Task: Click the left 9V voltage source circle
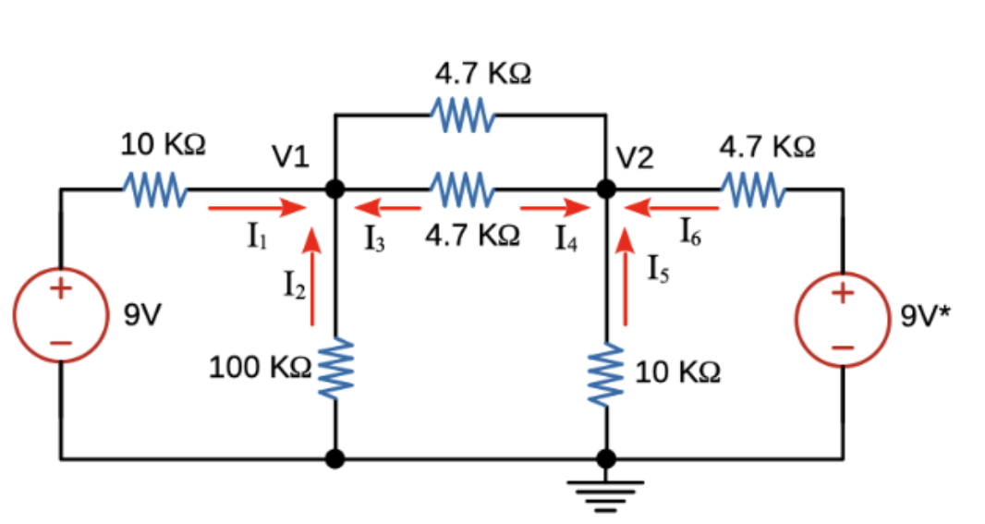(x=59, y=314)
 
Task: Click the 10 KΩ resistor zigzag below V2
(x=607, y=373)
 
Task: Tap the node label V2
(x=636, y=159)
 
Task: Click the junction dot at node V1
(x=335, y=189)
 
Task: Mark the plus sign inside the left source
(x=59, y=288)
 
